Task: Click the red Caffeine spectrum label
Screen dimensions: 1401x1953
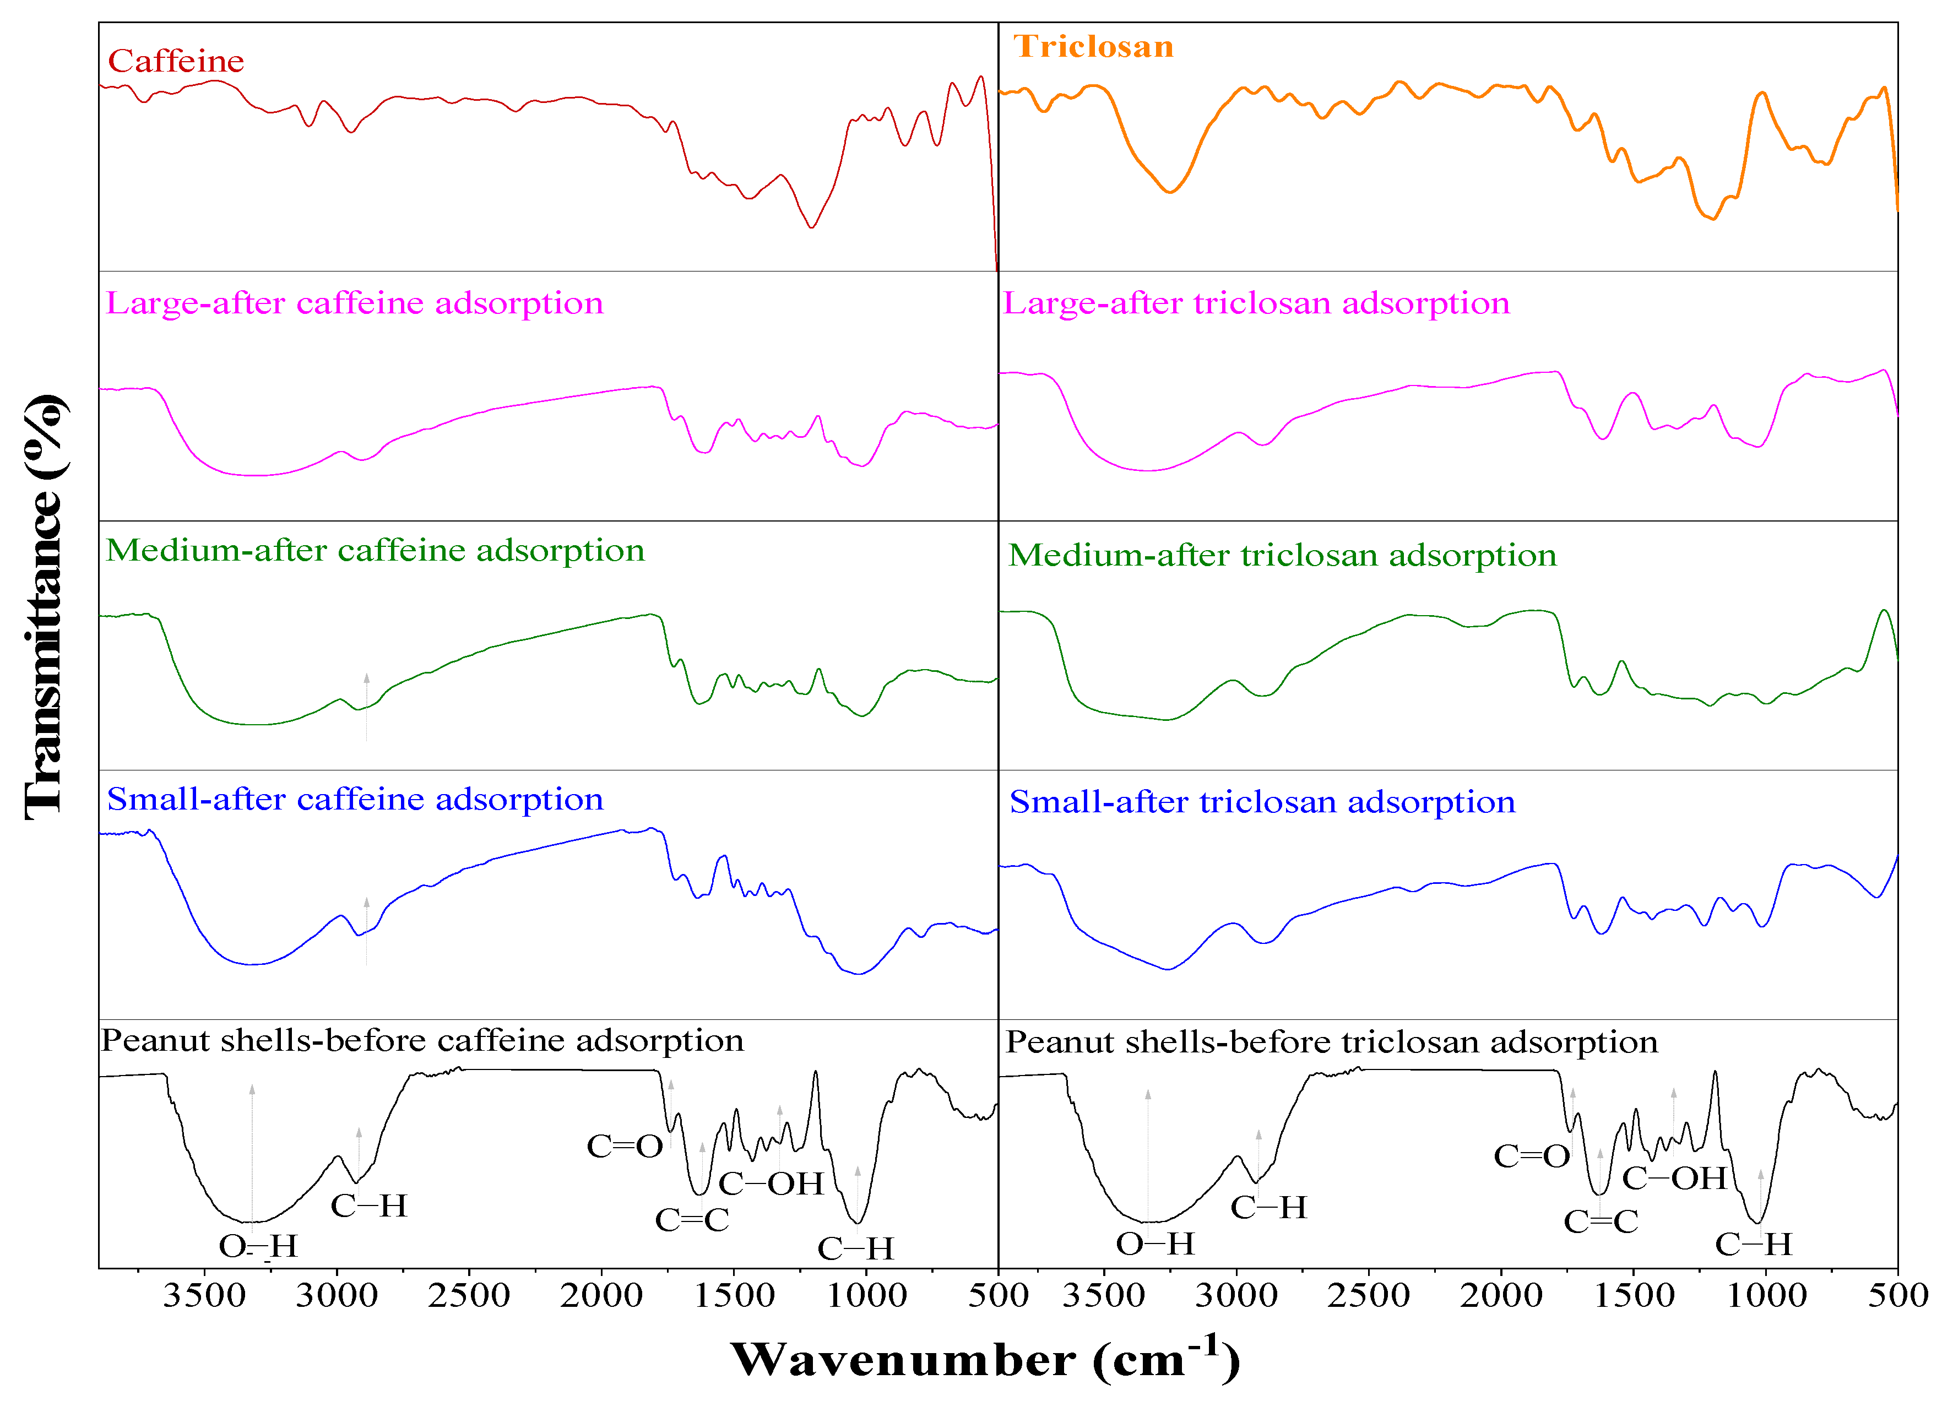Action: click(176, 61)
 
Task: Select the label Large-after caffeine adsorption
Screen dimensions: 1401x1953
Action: click(354, 303)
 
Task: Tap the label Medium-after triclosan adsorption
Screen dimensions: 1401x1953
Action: click(1282, 556)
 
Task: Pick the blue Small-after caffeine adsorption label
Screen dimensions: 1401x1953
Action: click(355, 799)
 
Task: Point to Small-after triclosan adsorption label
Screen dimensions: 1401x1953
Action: click(1262, 802)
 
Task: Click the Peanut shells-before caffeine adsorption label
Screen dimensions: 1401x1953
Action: click(422, 1040)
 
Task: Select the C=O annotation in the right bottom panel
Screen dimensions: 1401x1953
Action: click(1532, 1155)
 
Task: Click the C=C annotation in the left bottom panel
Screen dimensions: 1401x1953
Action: click(691, 1219)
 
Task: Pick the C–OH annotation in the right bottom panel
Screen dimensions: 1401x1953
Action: click(1674, 1177)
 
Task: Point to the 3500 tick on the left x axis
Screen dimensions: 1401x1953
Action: click(204, 1294)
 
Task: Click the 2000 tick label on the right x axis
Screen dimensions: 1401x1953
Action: click(1501, 1294)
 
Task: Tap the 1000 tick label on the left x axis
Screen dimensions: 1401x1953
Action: click(866, 1294)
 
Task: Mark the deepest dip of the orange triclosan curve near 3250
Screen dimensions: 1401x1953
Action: click(1169, 191)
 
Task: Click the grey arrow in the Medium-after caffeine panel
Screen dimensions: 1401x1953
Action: click(367, 706)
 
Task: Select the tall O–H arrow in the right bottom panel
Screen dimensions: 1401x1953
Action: click(1148, 1154)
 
